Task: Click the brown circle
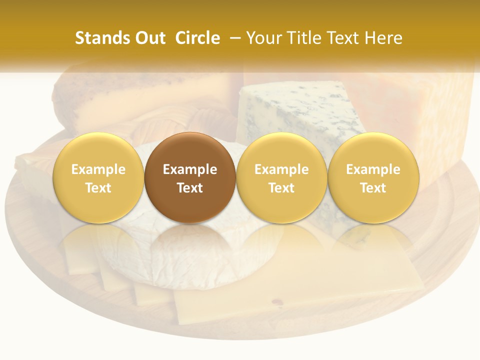pyautogui.click(x=190, y=177)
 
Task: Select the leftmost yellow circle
pyautogui.click(x=98, y=177)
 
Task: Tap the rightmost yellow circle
pyautogui.click(x=373, y=177)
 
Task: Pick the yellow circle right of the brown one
pyautogui.click(x=281, y=177)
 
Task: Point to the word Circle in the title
pyautogui.click(x=197, y=38)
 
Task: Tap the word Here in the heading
pyautogui.click(x=383, y=38)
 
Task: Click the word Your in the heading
pyautogui.click(x=263, y=38)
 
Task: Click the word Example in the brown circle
pyautogui.click(x=190, y=169)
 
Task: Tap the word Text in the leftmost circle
pyautogui.click(x=98, y=188)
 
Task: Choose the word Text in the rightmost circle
pyautogui.click(x=373, y=188)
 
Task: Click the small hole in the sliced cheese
pyautogui.click(x=276, y=301)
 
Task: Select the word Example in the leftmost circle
pyautogui.click(x=98, y=169)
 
